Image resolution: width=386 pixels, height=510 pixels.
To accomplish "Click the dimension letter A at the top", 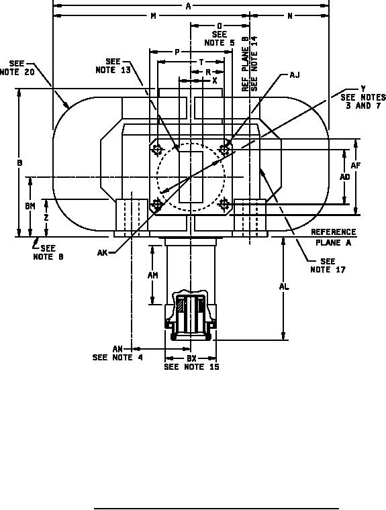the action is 188,6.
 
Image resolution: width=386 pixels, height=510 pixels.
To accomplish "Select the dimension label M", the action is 153,16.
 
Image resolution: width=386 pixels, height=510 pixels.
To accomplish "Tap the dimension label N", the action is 289,16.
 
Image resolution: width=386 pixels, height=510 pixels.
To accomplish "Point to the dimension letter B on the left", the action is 20,162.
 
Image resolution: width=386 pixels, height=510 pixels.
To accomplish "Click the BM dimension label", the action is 30,206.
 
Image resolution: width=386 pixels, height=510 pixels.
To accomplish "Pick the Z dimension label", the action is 46,217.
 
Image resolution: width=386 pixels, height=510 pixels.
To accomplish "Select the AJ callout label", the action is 295,75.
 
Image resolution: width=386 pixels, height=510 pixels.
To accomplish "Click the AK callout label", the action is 102,252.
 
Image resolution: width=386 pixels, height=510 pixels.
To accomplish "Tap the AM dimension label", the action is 152,275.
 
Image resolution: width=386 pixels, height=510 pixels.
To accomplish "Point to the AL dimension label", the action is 284,287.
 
